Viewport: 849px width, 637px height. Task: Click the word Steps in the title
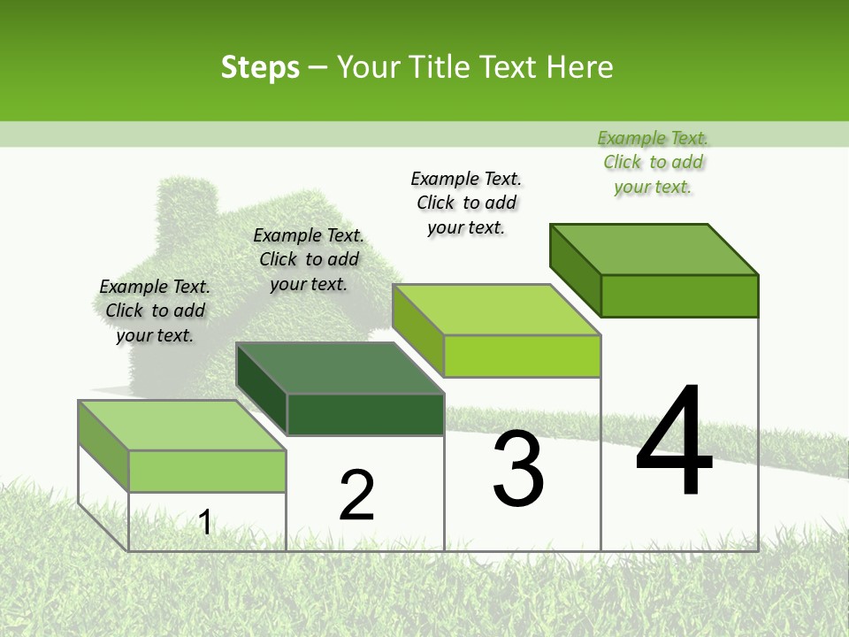click(x=260, y=67)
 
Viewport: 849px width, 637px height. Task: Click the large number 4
click(x=674, y=442)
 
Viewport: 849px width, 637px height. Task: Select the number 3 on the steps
click(x=517, y=469)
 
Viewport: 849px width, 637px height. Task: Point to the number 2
click(x=356, y=495)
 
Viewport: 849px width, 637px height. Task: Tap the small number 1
click(x=205, y=522)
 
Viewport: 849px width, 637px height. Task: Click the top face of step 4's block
click(x=654, y=249)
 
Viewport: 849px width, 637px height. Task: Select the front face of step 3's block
click(x=522, y=356)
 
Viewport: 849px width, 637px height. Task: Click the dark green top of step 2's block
click(x=340, y=367)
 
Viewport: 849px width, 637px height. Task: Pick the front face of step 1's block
click(x=207, y=471)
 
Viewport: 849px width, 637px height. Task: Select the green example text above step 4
click(x=653, y=163)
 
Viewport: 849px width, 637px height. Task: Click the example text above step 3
click(x=466, y=203)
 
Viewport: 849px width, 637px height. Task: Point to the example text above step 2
click(x=309, y=259)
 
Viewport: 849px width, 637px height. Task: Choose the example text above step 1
click(x=155, y=311)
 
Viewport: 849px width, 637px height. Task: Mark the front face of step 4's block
click(x=679, y=295)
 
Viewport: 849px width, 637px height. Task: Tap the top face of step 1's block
click(x=181, y=425)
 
